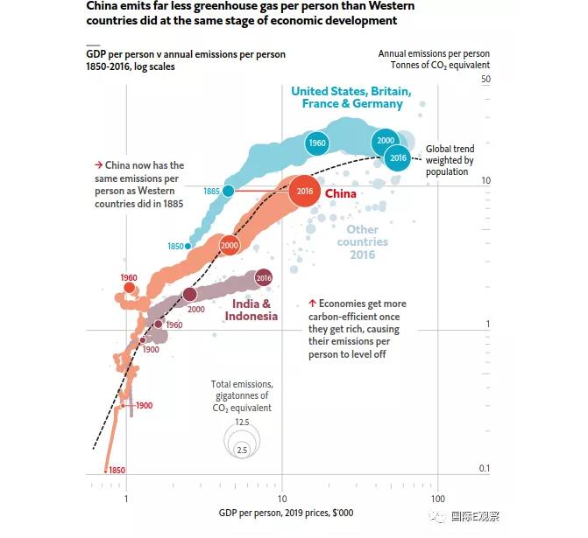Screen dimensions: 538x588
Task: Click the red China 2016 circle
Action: click(x=305, y=191)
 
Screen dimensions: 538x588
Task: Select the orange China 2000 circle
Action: click(x=229, y=247)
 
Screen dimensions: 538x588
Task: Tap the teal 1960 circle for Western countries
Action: click(x=316, y=143)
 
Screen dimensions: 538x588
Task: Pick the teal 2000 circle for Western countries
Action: click(x=385, y=141)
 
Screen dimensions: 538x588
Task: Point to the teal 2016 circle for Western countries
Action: click(x=398, y=157)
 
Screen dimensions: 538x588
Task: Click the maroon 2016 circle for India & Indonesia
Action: click(x=264, y=278)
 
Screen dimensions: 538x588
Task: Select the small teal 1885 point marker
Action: click(x=229, y=191)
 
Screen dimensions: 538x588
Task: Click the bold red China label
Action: click(x=341, y=193)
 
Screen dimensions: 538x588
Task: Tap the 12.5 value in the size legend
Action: click(x=242, y=423)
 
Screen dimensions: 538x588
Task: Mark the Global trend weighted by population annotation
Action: click(x=450, y=160)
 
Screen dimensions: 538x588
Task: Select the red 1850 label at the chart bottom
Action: click(x=117, y=471)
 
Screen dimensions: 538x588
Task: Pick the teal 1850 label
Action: click(x=175, y=247)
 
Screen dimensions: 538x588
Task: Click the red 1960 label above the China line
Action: click(x=129, y=278)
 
